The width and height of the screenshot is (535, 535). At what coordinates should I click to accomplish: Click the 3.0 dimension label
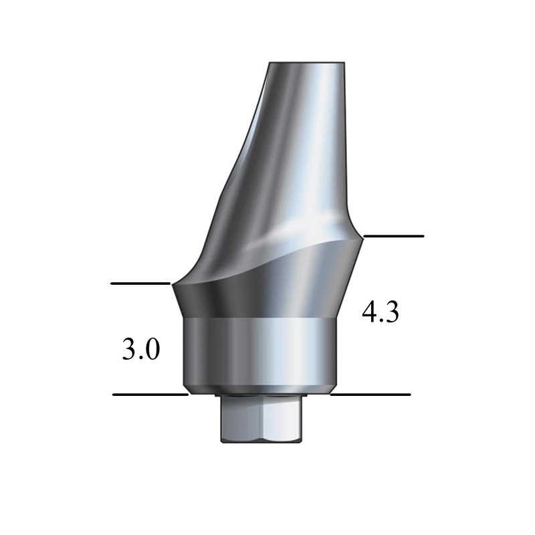(x=140, y=350)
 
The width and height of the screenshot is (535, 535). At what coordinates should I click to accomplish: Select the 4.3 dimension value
(x=380, y=312)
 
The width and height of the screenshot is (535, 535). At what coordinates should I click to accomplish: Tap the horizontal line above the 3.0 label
(x=140, y=284)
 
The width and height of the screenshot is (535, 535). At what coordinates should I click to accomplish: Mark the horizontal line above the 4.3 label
(x=393, y=236)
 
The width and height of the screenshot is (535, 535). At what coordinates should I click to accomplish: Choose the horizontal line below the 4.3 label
(x=370, y=395)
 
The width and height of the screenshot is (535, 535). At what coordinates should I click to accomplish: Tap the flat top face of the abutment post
(x=307, y=64)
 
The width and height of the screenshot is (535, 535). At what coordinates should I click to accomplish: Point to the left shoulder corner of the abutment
(x=173, y=285)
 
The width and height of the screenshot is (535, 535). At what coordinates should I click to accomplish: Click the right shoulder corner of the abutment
(x=362, y=237)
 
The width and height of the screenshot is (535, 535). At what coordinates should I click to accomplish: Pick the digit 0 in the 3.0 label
(x=151, y=350)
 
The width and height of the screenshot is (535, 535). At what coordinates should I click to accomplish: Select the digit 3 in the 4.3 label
(x=391, y=312)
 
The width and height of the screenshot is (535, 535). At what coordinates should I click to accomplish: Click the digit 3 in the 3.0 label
(x=129, y=350)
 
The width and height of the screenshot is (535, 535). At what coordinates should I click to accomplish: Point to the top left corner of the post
(x=269, y=64)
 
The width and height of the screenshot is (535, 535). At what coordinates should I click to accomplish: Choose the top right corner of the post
(x=346, y=64)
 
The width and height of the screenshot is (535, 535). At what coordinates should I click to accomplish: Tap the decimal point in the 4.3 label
(x=381, y=321)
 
